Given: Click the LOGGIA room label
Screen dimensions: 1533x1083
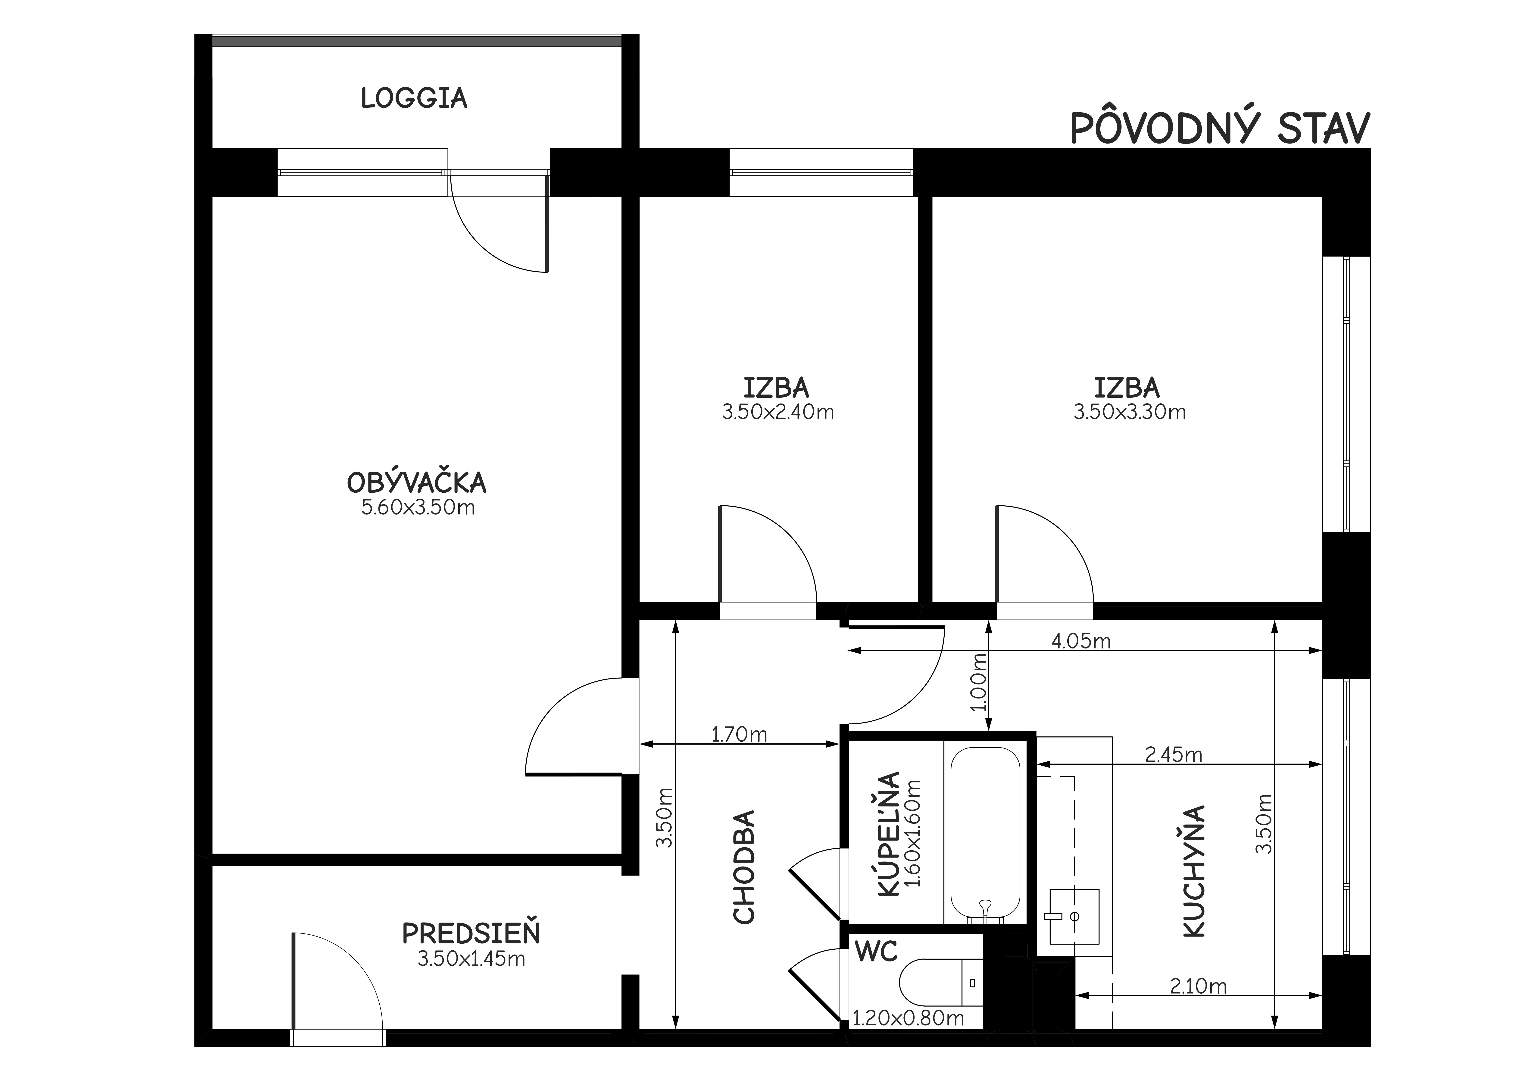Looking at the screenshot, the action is (x=414, y=98).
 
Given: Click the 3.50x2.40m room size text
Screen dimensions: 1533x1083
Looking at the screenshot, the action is (x=778, y=412).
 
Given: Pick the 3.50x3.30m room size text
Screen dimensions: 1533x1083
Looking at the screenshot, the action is (x=1130, y=412).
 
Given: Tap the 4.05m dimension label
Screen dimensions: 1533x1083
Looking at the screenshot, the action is (x=1081, y=641).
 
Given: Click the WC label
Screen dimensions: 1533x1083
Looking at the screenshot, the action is (x=877, y=952).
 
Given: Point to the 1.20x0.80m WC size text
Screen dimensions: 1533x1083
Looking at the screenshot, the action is (x=909, y=1018).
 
